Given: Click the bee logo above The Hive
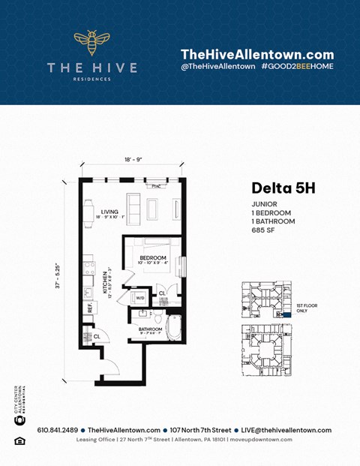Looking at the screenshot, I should pos(91,45).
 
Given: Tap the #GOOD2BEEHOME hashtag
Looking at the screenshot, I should pos(298,67).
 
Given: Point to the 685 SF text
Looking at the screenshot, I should pos(264,230).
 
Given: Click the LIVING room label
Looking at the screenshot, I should pos(109,212).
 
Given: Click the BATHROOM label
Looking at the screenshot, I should pos(150,329).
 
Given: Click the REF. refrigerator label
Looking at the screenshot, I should pos(89,308).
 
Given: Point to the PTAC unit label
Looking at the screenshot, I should pos(156,185).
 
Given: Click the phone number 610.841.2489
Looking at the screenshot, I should pos(57,430).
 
